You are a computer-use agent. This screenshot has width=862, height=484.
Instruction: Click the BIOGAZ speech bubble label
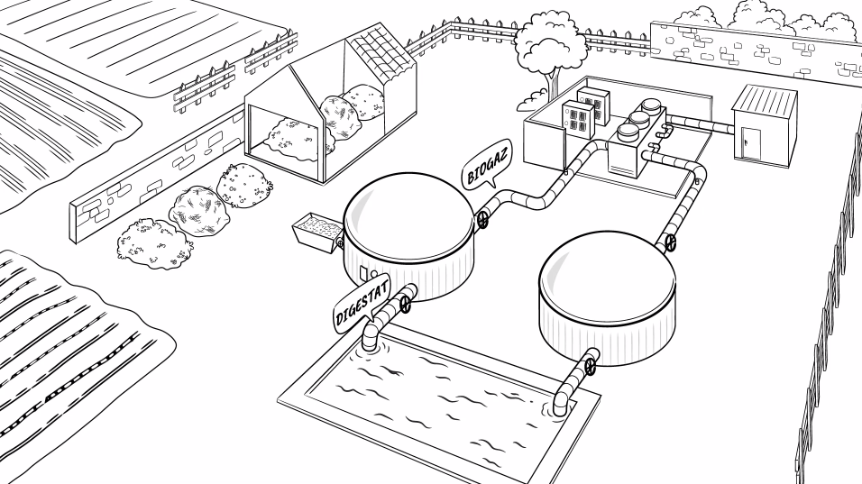pos(486,167)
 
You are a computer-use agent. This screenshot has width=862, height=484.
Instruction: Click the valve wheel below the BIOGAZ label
pos(483,219)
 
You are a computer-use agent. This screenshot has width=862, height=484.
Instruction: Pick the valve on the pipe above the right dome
pos(670,241)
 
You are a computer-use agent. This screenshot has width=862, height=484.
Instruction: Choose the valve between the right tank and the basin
pos(591,367)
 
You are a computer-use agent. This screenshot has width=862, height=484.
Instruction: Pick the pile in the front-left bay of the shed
pos(293,135)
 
